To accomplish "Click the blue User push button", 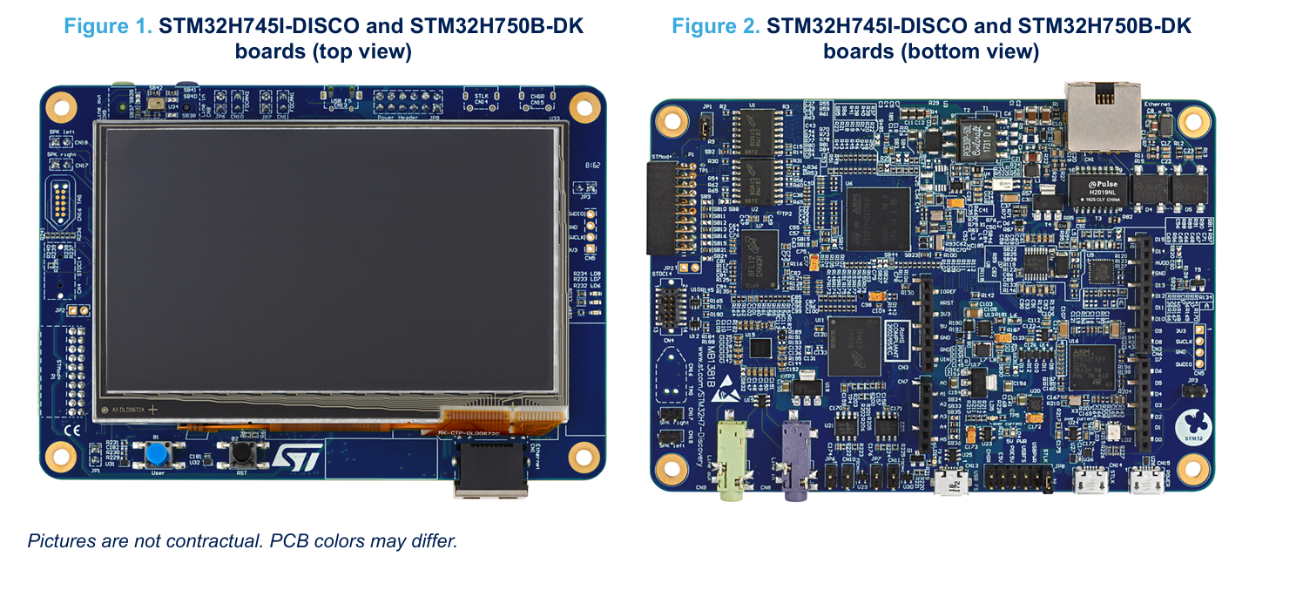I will pos(158,454).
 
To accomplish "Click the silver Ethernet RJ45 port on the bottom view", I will pos(1102,118).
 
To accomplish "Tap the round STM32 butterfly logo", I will pos(1192,426).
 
